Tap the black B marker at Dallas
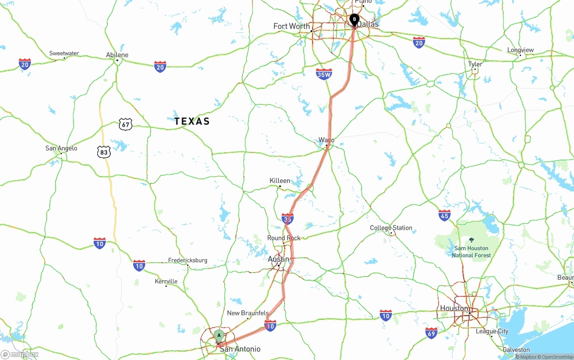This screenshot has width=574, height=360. click(x=354, y=19)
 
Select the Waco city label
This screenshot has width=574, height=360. click(x=326, y=140)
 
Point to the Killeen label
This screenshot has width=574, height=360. click(x=280, y=181)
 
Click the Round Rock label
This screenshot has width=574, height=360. click(x=284, y=238)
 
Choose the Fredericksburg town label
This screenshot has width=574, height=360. click(x=187, y=260)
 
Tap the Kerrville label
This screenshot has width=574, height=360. click(x=166, y=282)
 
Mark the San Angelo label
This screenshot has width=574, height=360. click(x=61, y=148)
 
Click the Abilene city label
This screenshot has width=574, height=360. click(x=117, y=55)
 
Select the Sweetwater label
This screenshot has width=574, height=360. click(x=64, y=53)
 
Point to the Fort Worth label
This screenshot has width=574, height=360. click(x=291, y=26)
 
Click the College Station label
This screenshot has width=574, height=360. click(x=391, y=228)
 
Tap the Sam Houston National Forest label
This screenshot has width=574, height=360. click(x=471, y=252)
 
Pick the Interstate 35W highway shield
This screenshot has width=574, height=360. click(x=324, y=74)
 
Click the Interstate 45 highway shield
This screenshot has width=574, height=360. click(x=444, y=216)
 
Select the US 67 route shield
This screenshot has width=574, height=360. click(x=126, y=124)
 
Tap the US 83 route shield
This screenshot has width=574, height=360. click(x=104, y=152)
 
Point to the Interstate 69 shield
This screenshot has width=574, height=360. click(x=431, y=333)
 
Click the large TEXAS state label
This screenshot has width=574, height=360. click(x=192, y=121)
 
